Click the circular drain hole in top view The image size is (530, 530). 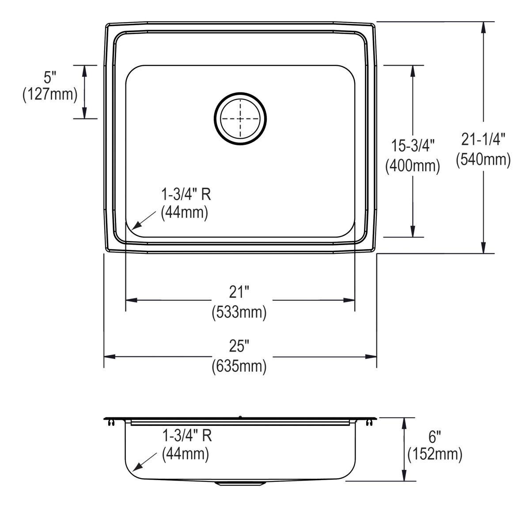(x=240, y=118)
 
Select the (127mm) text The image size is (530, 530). (x=50, y=94)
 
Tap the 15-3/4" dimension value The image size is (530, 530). (x=413, y=145)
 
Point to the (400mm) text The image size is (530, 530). (x=413, y=166)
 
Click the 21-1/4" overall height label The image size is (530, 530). (x=483, y=139)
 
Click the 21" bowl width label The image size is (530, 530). (x=239, y=292)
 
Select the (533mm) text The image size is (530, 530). (x=239, y=312)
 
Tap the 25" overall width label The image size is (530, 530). (x=239, y=346)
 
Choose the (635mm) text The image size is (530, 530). (x=239, y=366)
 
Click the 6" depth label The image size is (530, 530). (x=435, y=437)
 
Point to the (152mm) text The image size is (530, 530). (x=435, y=454)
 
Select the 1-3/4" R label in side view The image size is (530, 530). (x=187, y=436)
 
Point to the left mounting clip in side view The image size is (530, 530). (x=110, y=423)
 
